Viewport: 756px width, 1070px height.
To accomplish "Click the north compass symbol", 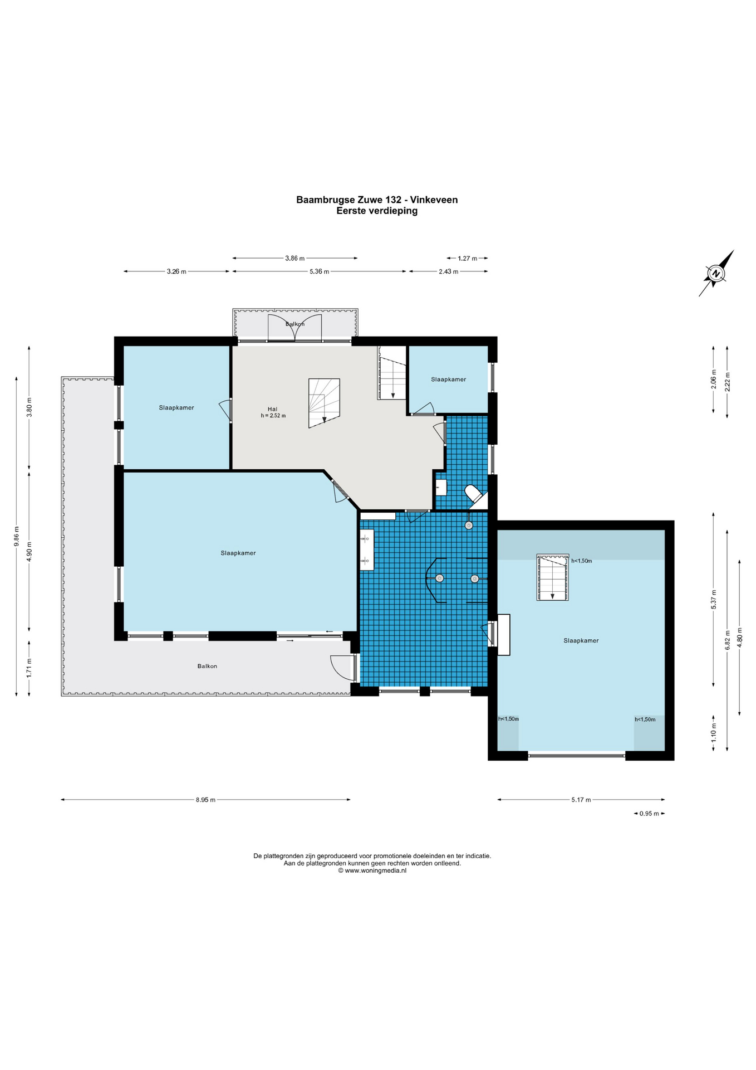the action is point(716,273).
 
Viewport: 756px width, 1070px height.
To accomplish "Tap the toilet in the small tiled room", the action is point(474,494).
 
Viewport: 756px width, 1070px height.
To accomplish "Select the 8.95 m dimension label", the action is point(205,800).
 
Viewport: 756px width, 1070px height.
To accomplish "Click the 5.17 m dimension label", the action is point(581,800).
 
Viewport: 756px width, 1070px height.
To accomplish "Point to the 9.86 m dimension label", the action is point(16,536).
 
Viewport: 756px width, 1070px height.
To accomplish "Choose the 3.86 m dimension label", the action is point(295,258).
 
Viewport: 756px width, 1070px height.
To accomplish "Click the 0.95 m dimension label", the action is point(649,814).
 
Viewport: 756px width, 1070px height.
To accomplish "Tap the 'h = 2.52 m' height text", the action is point(273,416).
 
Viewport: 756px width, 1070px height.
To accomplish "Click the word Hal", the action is point(272,409).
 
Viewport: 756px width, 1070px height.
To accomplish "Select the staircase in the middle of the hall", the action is point(324,403).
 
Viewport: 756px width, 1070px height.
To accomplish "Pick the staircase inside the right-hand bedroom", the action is point(553,577).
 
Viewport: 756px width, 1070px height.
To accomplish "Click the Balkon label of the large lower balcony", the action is point(207,666).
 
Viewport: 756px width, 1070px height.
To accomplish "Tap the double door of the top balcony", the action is point(295,328).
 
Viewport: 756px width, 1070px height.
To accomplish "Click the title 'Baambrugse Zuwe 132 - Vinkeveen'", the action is point(377,200).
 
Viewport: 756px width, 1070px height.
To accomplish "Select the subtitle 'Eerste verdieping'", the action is point(377,211).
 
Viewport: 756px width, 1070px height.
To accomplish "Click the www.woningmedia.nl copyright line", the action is point(372,870).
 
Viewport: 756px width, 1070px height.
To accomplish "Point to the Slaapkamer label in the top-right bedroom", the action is point(448,379).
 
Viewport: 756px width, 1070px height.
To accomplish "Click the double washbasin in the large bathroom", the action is point(367,549).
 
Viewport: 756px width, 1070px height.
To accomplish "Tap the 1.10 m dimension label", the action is point(714,731).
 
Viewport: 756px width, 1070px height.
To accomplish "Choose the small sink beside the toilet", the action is point(441,488).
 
